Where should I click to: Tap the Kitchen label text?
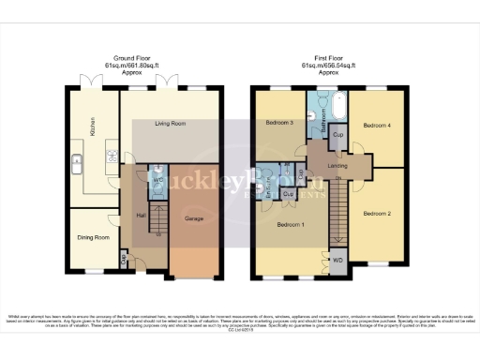pyautogui.click(x=93, y=125)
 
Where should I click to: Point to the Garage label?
pyautogui.click(x=195, y=219)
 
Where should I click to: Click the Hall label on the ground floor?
pyautogui.click(x=142, y=215)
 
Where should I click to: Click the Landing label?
pyautogui.click(x=338, y=167)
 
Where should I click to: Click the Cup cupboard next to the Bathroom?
pyautogui.click(x=337, y=137)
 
